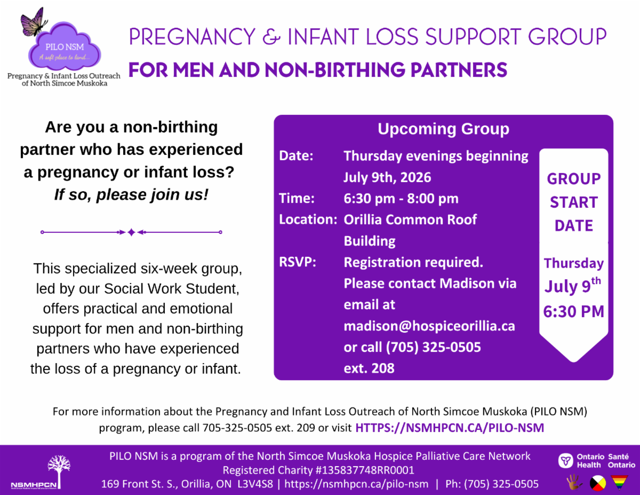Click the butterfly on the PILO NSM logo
click(x=34, y=23)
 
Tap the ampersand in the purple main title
click(x=271, y=37)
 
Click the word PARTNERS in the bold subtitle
click(x=459, y=70)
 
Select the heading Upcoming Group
click(x=443, y=129)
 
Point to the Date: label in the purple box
click(x=295, y=156)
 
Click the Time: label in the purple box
click(x=297, y=198)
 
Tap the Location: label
click(x=308, y=219)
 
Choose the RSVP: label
click(x=298, y=262)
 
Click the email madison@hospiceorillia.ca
click(x=429, y=326)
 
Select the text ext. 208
click(x=369, y=368)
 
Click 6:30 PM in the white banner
click(x=573, y=312)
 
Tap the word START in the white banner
click(x=574, y=202)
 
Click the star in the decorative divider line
click(x=131, y=232)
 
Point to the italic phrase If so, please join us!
click(x=131, y=194)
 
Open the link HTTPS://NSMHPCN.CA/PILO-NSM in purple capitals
click(x=450, y=428)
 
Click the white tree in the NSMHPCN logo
click(x=59, y=471)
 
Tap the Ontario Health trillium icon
click(x=565, y=460)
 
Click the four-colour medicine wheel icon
click(x=598, y=483)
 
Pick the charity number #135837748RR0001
click(x=365, y=470)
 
